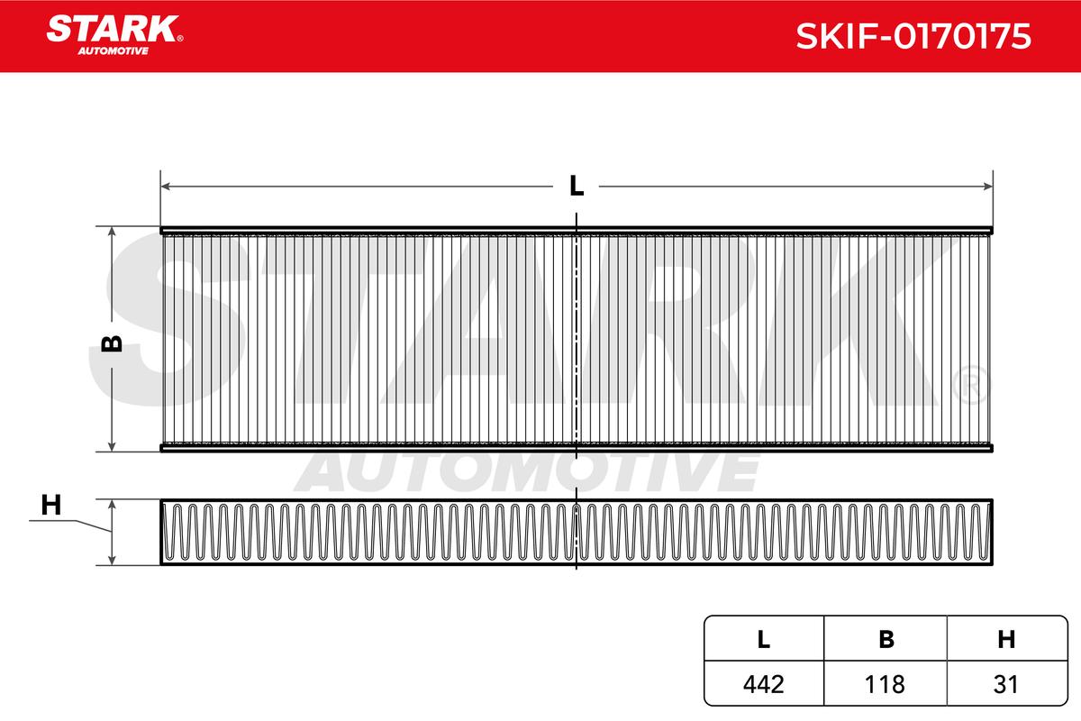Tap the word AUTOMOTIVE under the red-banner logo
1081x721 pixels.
point(113,50)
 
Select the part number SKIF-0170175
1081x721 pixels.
point(913,36)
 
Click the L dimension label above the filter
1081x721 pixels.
point(577,186)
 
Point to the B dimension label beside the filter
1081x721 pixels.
point(112,343)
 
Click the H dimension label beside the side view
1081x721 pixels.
point(51,505)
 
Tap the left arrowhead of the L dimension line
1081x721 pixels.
point(166,187)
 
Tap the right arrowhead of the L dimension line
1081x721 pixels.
point(988,187)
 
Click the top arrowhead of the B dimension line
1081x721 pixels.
point(112,232)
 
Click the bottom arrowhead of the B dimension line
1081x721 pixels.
point(112,447)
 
